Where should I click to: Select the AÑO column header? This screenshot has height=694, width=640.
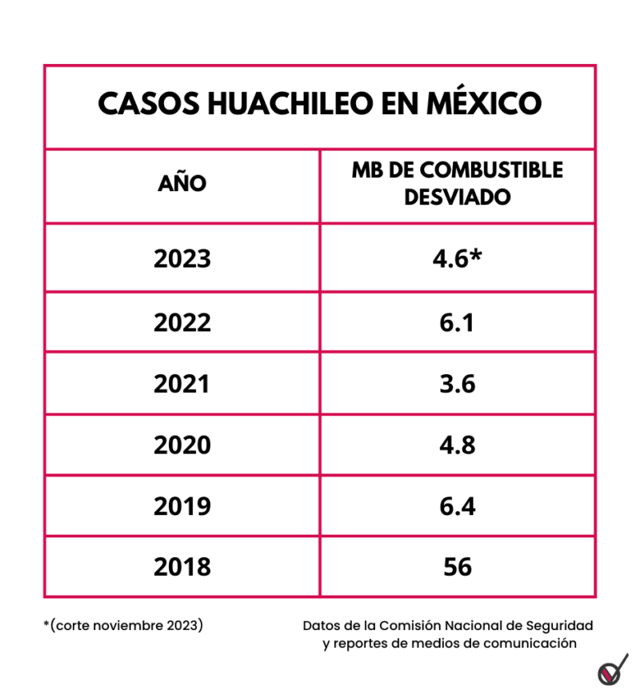tap(182, 184)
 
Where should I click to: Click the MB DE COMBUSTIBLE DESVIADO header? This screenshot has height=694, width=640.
tap(458, 184)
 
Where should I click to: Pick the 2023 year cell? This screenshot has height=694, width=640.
tap(182, 259)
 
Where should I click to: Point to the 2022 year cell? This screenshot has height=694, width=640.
tap(182, 322)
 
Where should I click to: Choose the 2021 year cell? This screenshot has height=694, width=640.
tap(182, 384)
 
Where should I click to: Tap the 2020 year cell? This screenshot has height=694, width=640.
tap(182, 445)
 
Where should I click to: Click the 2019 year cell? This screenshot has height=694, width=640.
tap(182, 506)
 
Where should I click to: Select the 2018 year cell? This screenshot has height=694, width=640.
tap(182, 567)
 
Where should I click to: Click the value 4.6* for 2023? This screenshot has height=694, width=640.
tap(458, 259)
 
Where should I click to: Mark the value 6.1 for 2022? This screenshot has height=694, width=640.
tap(458, 322)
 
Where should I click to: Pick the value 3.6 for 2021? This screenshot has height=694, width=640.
tap(458, 384)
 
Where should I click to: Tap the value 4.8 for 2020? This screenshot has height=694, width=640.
tap(458, 445)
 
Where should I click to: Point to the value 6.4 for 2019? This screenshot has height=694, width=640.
tap(458, 506)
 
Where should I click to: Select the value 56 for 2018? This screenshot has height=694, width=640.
tap(458, 567)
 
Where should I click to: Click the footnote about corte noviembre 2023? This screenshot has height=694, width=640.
tap(123, 624)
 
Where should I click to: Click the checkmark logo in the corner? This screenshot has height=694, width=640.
tap(613, 668)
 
